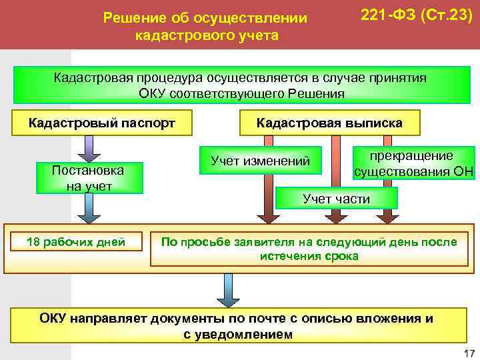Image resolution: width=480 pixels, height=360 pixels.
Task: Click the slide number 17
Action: pyautogui.click(x=468, y=353)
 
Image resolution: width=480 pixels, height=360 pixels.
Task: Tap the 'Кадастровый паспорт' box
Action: pyautogui.click(x=101, y=123)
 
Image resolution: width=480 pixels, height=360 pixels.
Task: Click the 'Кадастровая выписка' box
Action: pyautogui.click(x=329, y=123)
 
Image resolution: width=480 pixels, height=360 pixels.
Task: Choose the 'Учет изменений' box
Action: pyautogui.click(x=261, y=161)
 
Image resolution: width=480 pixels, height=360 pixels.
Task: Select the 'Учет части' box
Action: pyautogui.click(x=336, y=199)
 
